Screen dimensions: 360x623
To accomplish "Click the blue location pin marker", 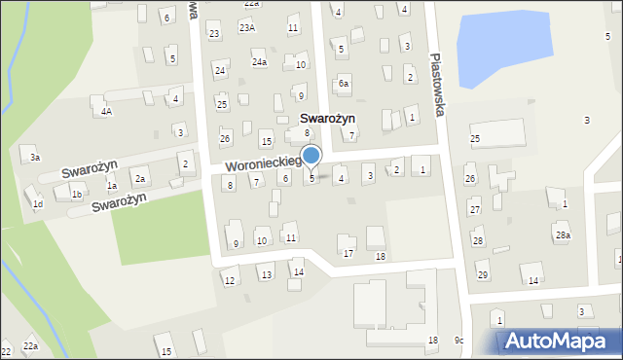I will coord(311,156).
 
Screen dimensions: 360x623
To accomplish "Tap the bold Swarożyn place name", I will coord(323,118).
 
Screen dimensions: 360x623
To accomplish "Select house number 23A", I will coord(249,28).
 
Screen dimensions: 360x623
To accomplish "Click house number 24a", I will coord(259,62).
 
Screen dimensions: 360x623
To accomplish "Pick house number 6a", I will coord(343,85).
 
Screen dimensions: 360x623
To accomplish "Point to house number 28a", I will coord(562,235).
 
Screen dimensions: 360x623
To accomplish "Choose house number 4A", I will coord(106,112).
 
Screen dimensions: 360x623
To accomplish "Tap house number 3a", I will coord(35,158).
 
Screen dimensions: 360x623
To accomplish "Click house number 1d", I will coord(37,203).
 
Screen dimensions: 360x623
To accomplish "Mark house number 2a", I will coord(140,179).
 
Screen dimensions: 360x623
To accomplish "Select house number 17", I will coord(348,254).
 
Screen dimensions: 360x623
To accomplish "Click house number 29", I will coord(482,275).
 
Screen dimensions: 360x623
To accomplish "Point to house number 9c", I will coord(459,340).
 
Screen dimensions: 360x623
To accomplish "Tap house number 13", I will coord(266,275).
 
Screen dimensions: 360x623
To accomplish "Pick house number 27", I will coord(475,210).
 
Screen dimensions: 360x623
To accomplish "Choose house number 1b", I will coord(76,195).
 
